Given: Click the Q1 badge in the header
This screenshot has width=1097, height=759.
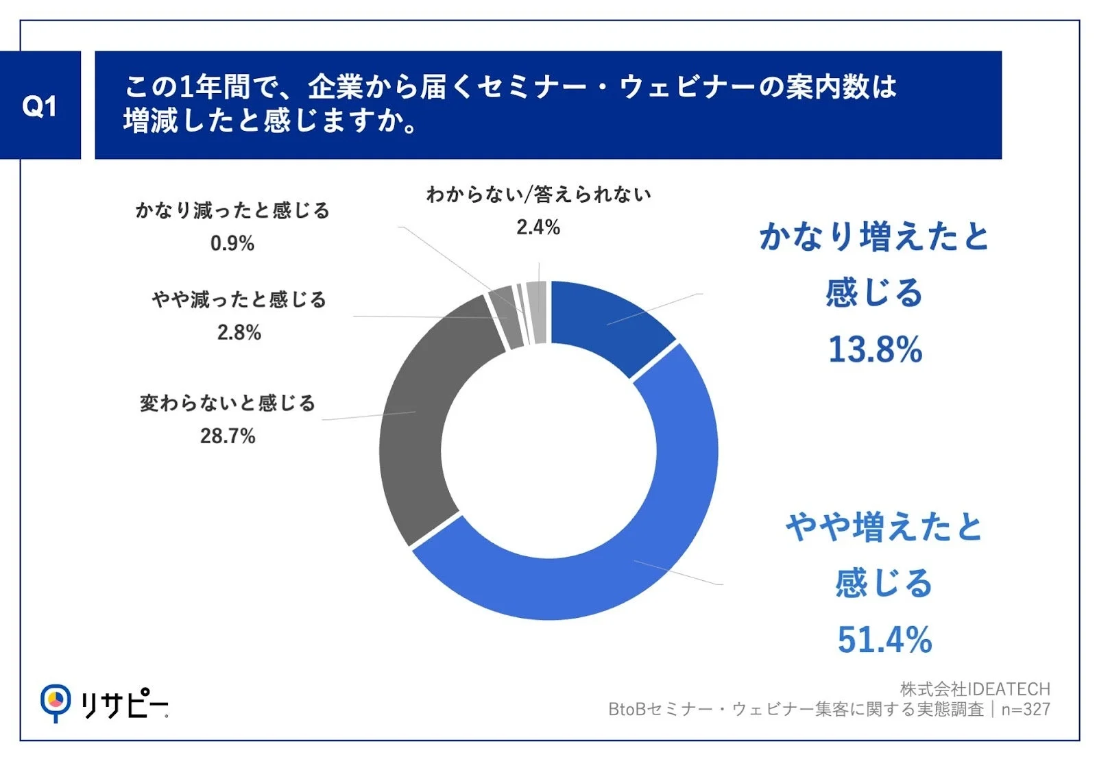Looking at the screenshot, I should point(40,105).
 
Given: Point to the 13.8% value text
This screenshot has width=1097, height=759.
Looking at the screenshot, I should point(875,349).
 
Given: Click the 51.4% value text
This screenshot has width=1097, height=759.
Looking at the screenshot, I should point(884,640).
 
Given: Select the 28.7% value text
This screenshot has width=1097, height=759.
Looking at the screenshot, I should point(228,436).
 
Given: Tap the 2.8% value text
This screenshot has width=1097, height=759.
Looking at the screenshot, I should point(239,332).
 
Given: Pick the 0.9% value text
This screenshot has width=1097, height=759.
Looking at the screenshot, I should point(232,243).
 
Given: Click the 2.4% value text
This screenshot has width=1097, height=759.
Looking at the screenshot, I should point(538,227).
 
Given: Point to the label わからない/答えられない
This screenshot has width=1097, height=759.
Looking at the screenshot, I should point(538,195).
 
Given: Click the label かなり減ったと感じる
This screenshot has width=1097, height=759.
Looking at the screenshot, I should point(232,210).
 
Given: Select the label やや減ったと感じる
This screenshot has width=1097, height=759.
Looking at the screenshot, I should point(239,299).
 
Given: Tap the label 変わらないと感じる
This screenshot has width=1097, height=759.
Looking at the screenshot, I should point(228,403).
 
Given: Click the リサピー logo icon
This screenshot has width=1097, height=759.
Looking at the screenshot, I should point(55,701).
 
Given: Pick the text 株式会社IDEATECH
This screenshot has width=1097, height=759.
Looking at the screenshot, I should point(974,688).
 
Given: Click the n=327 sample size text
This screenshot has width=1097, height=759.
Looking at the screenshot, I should point(1026,710).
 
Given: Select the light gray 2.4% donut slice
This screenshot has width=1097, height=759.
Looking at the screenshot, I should point(538,312).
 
